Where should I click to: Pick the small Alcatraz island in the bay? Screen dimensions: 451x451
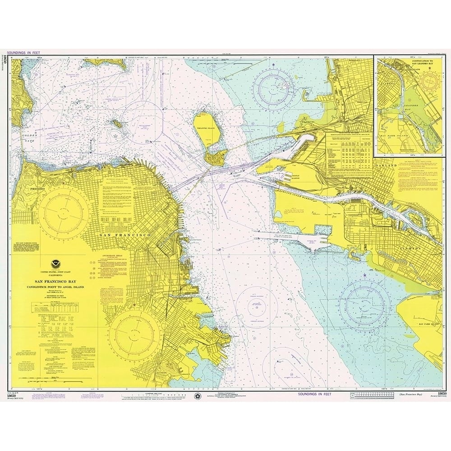coord(116,122)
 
